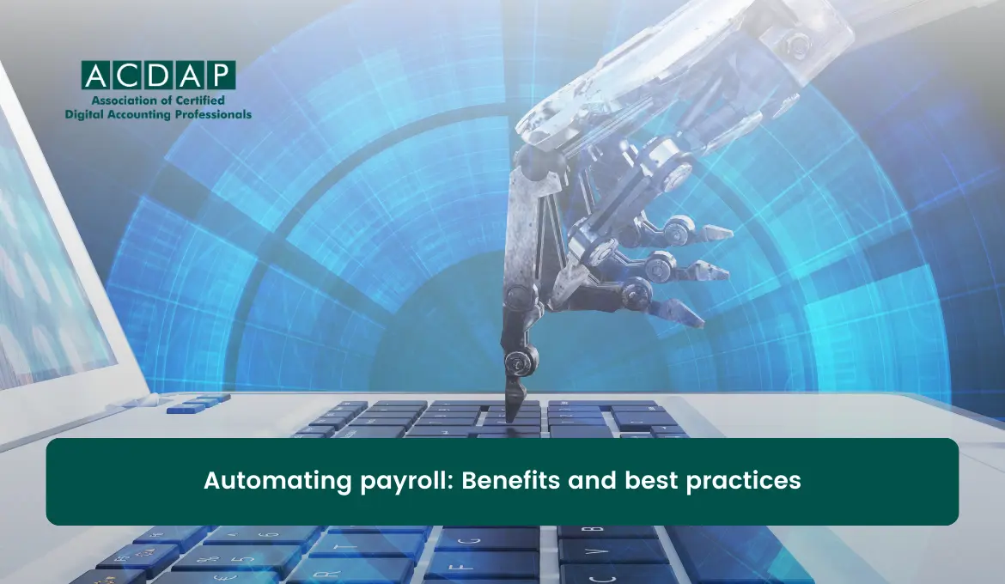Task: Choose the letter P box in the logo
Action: (x=220, y=75)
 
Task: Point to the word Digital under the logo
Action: (x=83, y=114)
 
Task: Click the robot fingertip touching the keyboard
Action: (x=513, y=410)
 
